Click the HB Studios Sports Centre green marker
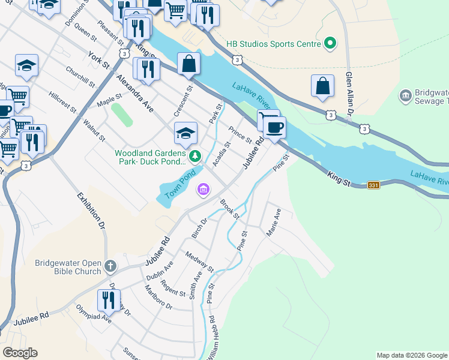[329, 43]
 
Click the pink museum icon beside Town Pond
[203, 190]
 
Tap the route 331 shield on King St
[373, 185]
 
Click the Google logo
[20, 353]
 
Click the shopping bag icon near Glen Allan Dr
[322, 86]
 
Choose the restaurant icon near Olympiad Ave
[109, 299]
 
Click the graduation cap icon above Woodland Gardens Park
[186, 133]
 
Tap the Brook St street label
[229, 209]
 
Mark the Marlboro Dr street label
[158, 297]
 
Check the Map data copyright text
[412, 355]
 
